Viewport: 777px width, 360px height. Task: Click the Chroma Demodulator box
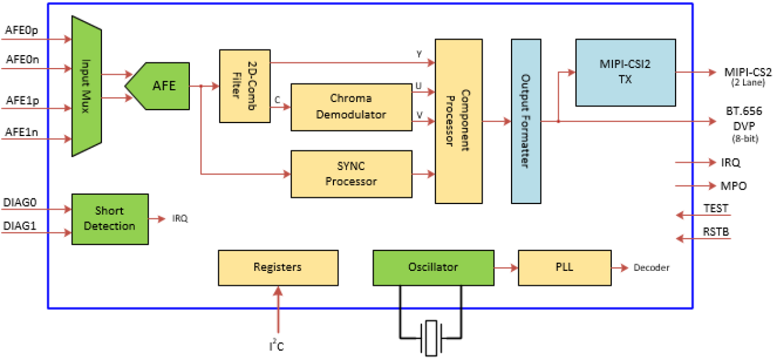351,106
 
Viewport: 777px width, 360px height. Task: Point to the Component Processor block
458,121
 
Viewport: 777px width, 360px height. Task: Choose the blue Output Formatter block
526,121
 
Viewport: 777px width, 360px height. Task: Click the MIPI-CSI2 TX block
625,72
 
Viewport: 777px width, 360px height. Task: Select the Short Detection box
109,218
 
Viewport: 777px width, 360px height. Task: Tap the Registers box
278,267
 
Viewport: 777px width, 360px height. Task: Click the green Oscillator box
433,267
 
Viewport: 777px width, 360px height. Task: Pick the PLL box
564,267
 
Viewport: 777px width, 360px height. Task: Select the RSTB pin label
716,231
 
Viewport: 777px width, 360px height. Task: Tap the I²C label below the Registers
277,345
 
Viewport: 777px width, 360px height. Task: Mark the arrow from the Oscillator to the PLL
505,268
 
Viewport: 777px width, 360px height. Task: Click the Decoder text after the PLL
651,268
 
